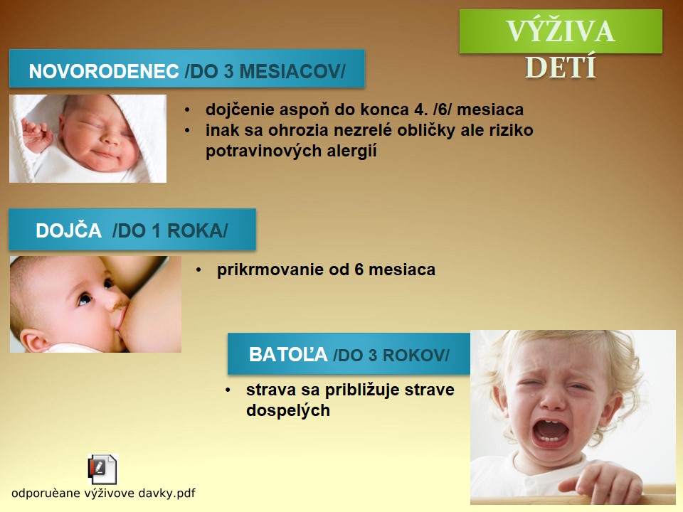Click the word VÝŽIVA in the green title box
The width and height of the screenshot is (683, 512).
[x=561, y=31]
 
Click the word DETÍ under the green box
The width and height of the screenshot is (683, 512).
[x=561, y=68]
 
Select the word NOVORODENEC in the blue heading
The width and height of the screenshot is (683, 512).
[x=104, y=71]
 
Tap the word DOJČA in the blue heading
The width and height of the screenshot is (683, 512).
[x=68, y=230]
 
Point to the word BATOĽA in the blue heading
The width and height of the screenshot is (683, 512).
[x=288, y=354]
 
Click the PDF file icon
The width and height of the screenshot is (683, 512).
[x=102, y=469]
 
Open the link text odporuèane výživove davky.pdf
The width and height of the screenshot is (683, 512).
[x=103, y=494]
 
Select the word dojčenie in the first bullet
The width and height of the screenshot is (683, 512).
[x=239, y=110]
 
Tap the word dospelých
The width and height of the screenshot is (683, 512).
[x=288, y=410]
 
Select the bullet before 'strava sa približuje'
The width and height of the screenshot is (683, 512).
[x=228, y=390]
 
